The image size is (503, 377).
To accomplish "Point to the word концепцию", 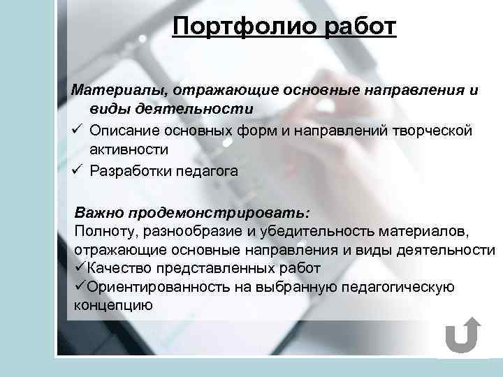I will pos(112,306).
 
